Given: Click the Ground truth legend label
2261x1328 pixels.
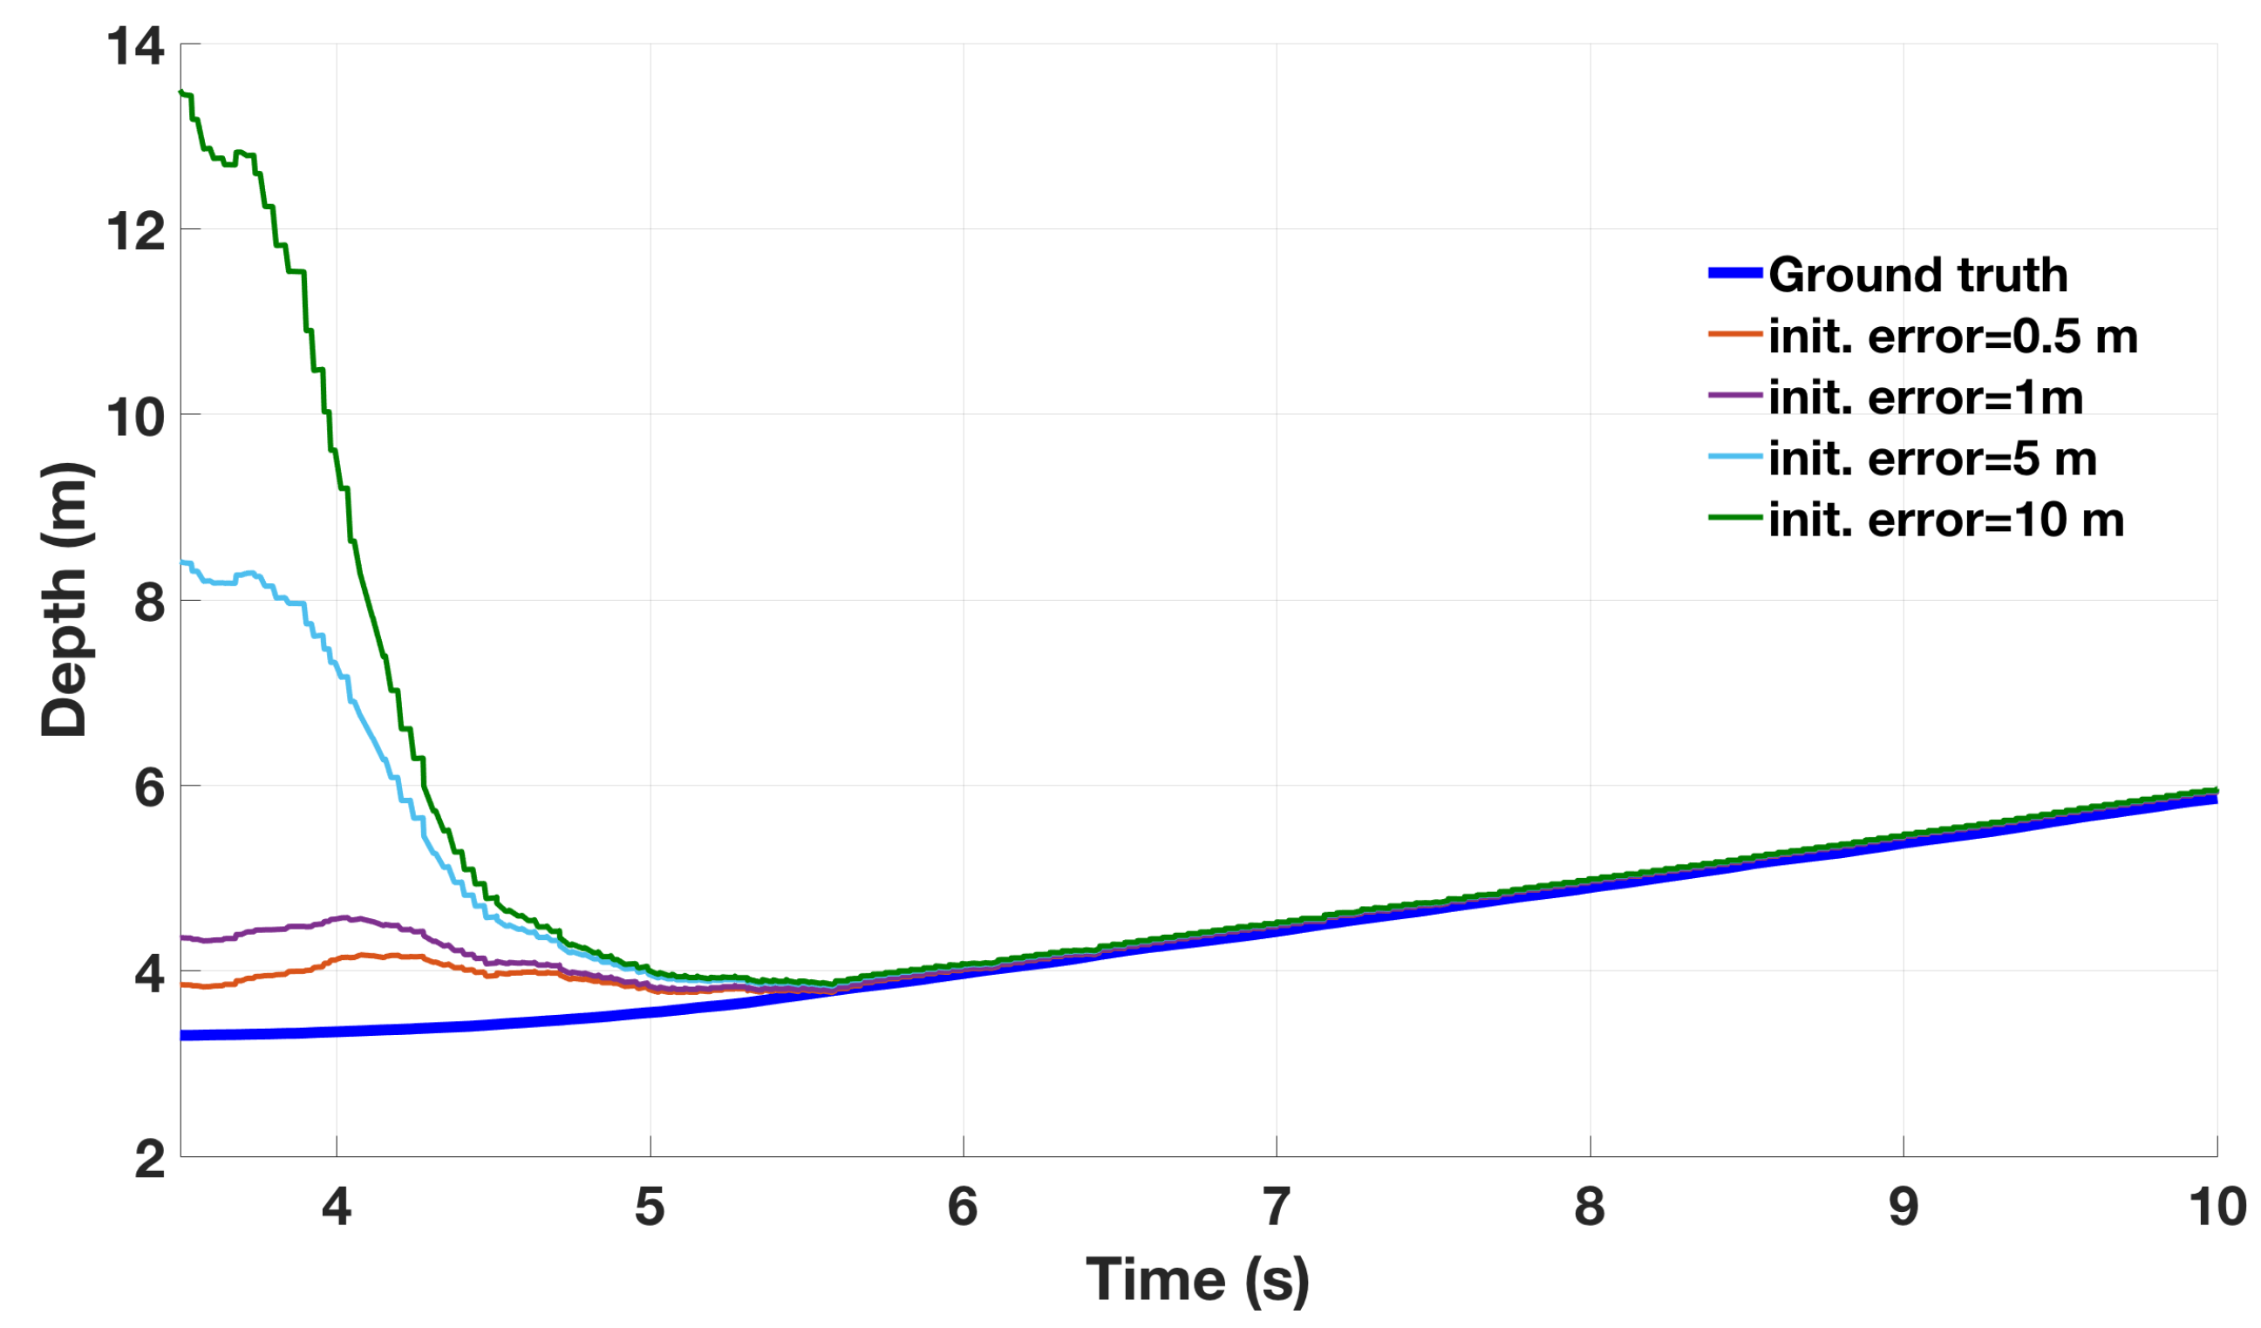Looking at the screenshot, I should coord(1917,275).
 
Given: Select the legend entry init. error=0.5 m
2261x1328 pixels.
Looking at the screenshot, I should coord(1952,337).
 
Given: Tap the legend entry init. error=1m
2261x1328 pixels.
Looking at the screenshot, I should coord(1925,398).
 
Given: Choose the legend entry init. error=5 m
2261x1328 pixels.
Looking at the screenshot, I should coord(1931,460).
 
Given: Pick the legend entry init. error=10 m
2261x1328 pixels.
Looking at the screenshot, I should coord(1945,521).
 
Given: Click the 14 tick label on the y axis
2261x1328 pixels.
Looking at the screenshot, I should coord(135,45).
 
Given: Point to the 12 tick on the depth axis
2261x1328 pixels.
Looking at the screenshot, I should coord(135,230).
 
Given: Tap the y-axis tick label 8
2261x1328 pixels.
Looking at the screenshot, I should coord(150,602).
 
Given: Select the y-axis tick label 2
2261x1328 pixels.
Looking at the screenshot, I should coord(150,1160).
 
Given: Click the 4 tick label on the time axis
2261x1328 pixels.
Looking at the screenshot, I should coord(337,1207).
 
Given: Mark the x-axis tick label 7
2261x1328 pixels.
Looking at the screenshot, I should coord(1277,1207).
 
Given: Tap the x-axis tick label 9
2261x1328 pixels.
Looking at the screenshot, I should coord(1903,1207).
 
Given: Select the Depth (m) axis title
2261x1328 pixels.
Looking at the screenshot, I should coord(65,599).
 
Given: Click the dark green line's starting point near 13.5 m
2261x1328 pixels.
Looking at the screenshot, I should coord(182,92).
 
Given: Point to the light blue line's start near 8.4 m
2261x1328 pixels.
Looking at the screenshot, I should coord(182,562).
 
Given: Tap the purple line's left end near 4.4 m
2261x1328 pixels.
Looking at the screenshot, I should coord(182,937).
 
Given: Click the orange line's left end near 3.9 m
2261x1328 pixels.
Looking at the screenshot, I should coord(182,984).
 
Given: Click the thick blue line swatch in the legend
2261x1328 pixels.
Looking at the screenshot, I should coord(1735,274).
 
